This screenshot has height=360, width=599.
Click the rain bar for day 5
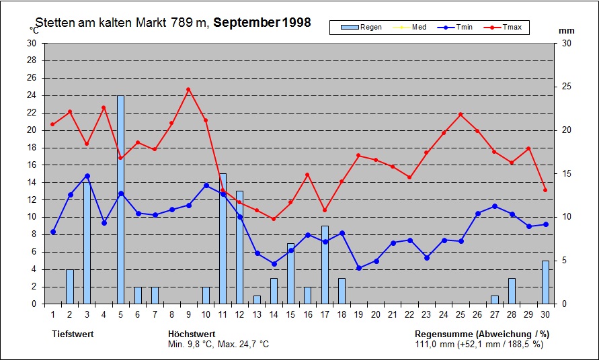tap(121, 199)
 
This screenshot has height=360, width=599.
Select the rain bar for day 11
tap(223, 238)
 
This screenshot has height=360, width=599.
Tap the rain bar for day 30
tap(545, 282)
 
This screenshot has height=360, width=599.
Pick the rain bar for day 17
tap(325, 265)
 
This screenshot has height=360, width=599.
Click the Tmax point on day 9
tap(188, 89)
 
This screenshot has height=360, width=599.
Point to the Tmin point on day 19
tap(359, 268)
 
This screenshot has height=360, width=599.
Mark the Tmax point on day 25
tap(461, 114)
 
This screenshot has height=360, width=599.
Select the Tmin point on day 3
tap(87, 176)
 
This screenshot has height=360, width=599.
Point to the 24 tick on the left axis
tap(32, 95)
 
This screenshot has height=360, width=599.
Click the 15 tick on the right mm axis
tap(566, 174)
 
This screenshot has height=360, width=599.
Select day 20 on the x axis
tap(376, 314)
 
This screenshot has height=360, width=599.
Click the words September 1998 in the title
tap(267, 22)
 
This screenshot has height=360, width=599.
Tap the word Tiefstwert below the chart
tap(73, 334)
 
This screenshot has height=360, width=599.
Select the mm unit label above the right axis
tap(566, 30)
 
